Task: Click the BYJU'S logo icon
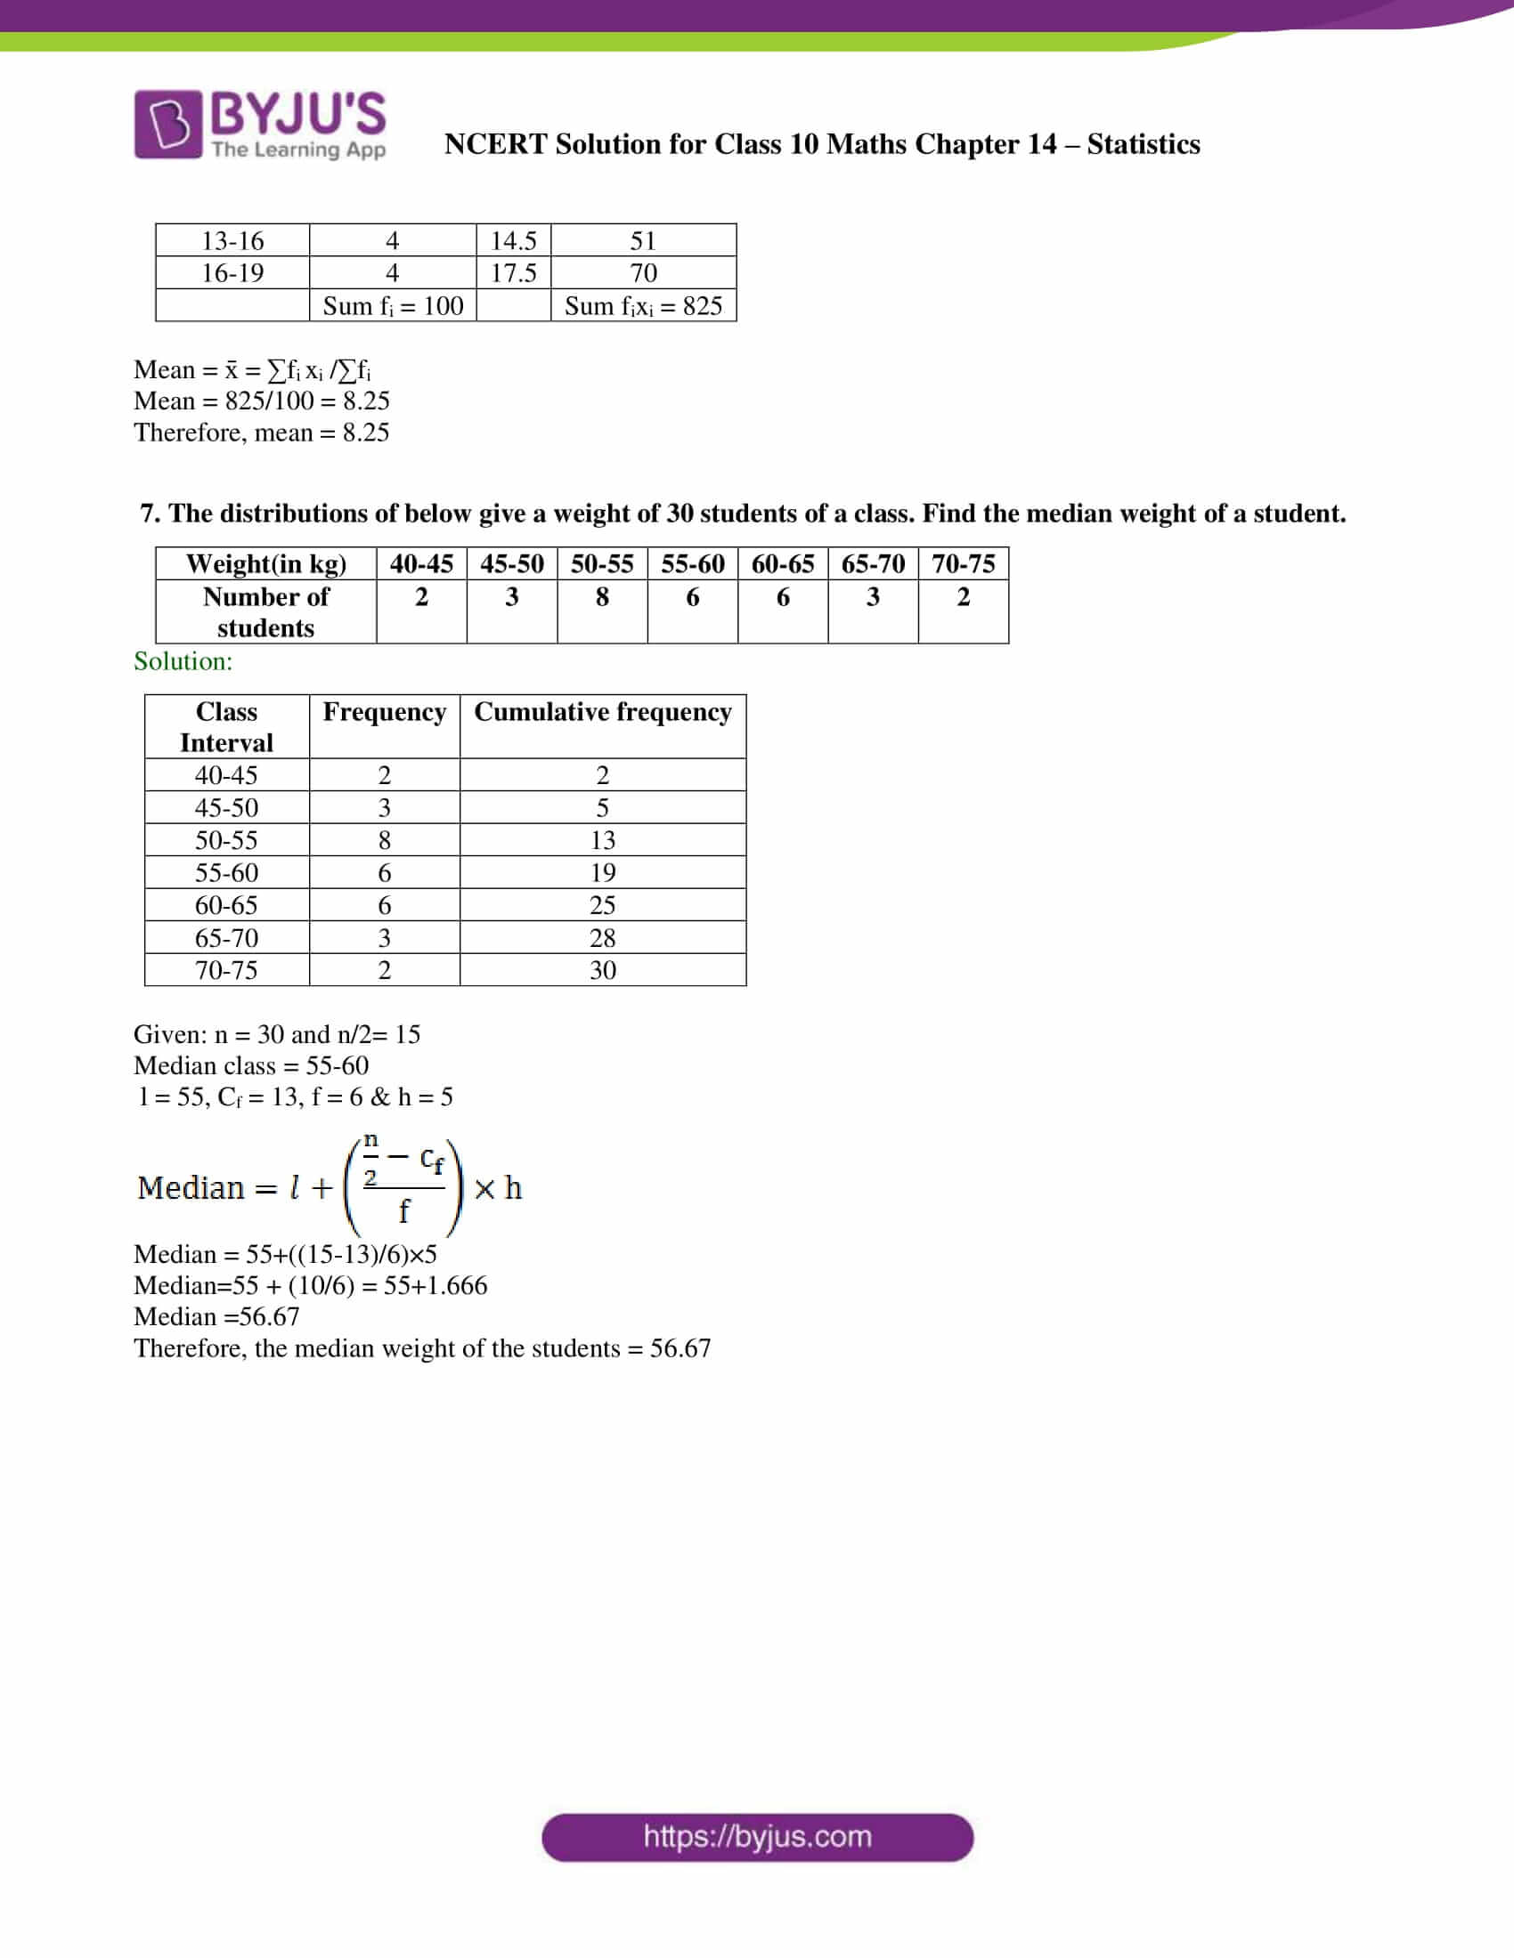[167, 124]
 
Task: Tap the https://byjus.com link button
[757, 1837]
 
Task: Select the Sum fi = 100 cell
[392, 305]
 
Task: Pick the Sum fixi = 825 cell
[643, 305]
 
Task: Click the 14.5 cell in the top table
[513, 240]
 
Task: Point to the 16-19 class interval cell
[232, 272]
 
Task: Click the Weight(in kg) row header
[265, 563]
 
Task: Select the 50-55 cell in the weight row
[602, 563]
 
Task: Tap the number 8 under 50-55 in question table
[602, 597]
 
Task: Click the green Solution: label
[183, 660]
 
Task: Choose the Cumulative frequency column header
[603, 711]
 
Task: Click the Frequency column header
[384, 711]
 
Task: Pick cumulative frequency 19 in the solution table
[603, 872]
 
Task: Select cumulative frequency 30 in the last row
[603, 970]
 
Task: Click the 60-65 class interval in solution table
[226, 905]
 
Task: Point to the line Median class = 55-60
[251, 1065]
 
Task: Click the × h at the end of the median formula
[499, 1189]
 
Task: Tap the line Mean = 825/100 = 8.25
[261, 400]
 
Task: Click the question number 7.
[150, 514]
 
